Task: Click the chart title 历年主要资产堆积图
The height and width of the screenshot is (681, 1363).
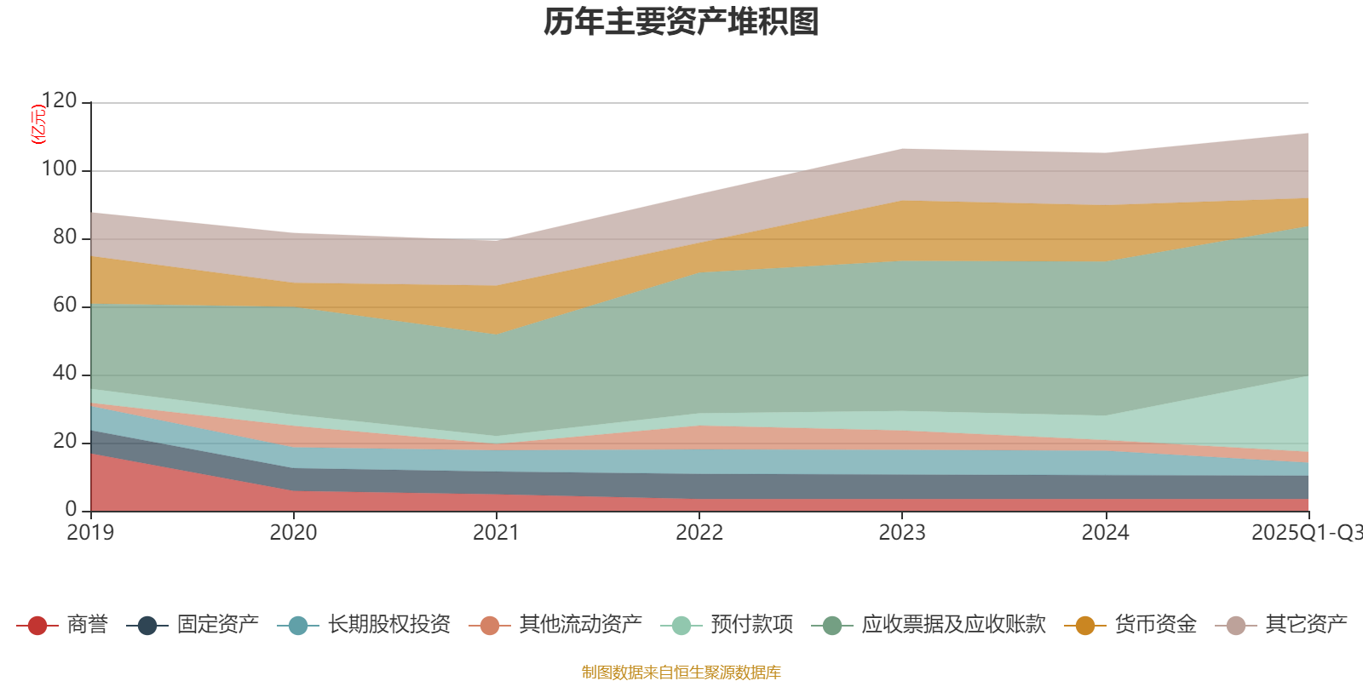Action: click(x=681, y=22)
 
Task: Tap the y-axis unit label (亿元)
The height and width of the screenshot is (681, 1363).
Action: click(x=37, y=124)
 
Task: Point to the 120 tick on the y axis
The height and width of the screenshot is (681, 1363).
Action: click(x=59, y=101)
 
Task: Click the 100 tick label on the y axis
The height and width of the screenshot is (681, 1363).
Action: click(x=59, y=169)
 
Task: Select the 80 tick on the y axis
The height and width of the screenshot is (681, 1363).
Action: click(x=64, y=237)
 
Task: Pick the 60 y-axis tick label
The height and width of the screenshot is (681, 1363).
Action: click(x=64, y=306)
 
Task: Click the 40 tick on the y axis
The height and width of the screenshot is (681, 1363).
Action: click(x=64, y=374)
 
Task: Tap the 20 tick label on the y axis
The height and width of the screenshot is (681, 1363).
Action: click(x=64, y=442)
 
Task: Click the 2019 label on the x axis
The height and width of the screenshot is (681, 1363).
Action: click(x=90, y=533)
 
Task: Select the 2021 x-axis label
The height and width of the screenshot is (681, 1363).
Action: click(x=496, y=533)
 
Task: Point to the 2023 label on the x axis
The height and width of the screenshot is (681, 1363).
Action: click(x=902, y=533)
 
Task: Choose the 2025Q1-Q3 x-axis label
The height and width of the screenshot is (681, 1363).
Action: click(x=1306, y=533)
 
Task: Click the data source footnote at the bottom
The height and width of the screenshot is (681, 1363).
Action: click(x=681, y=672)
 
